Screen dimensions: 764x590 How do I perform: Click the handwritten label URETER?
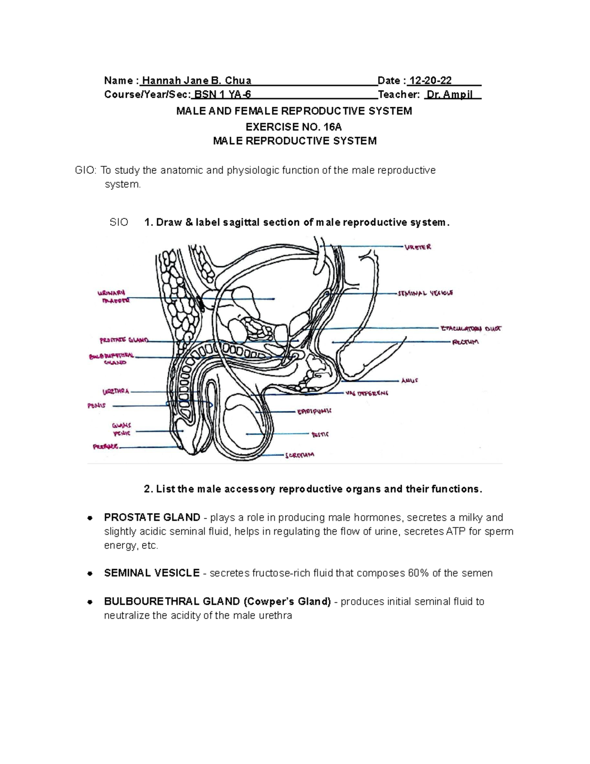pyautogui.click(x=418, y=247)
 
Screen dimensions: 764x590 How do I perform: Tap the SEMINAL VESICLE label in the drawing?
pyautogui.click(x=425, y=293)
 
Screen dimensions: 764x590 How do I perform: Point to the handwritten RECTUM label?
pyautogui.click(x=465, y=342)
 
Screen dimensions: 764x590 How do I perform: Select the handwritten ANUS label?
pyautogui.click(x=410, y=380)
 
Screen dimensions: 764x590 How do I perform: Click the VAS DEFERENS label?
pyautogui.click(x=367, y=393)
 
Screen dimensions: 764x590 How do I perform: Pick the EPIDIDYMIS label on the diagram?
pyautogui.click(x=314, y=411)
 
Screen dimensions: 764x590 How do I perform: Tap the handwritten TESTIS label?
pyautogui.click(x=320, y=434)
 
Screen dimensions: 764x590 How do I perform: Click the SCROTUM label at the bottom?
pyautogui.click(x=299, y=456)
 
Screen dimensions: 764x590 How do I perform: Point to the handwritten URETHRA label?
pyautogui.click(x=116, y=392)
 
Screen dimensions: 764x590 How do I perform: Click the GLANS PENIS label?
pyautogui.click(x=121, y=429)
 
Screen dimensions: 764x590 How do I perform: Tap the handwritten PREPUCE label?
pyautogui.click(x=106, y=447)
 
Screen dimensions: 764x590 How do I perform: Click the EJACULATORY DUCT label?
pyautogui.click(x=471, y=328)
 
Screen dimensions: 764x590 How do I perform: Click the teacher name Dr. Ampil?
pyautogui.click(x=450, y=94)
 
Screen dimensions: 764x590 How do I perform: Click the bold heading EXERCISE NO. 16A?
pyautogui.click(x=294, y=126)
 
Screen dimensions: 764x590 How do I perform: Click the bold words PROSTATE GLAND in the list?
pyautogui.click(x=152, y=518)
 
